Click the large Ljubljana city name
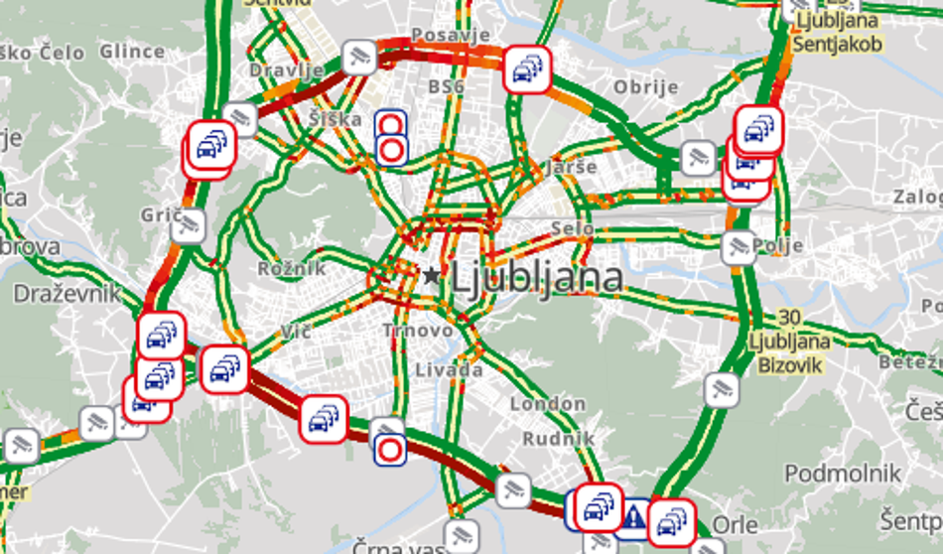point(537,278)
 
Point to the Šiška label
point(335,119)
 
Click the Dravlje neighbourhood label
point(286,70)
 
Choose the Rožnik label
point(291,269)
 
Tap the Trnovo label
point(418,330)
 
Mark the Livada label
point(448,370)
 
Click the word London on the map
point(547,404)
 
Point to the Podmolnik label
point(842,474)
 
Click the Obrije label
point(645,87)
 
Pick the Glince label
point(132,52)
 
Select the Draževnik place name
point(67,294)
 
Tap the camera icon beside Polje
point(738,245)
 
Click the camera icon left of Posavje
point(358,57)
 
